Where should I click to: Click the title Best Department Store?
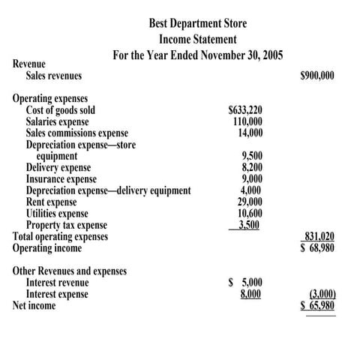coord(197,23)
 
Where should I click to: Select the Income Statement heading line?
coord(198,39)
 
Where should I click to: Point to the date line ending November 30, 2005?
coord(197,55)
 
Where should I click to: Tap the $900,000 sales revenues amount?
coord(317,76)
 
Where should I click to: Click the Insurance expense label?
coord(61,179)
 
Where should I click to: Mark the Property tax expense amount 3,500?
coord(249,225)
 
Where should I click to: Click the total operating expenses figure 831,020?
coord(319,236)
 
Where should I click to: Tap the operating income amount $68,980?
coord(317,248)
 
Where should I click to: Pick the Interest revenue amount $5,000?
coord(244,283)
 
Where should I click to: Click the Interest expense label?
coord(57,294)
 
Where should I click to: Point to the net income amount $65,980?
coord(317,306)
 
